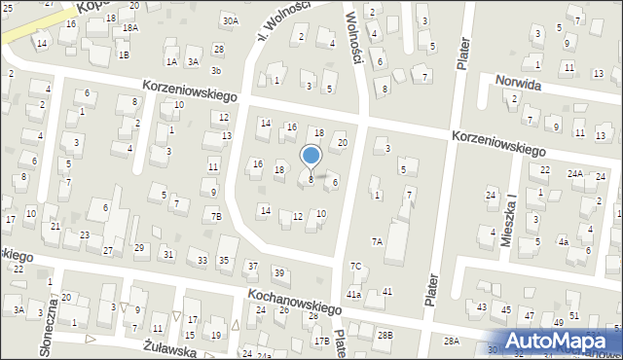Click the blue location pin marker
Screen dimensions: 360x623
tap(311, 157)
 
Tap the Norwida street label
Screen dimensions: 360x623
tap(518, 85)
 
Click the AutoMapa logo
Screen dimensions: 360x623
tap(564, 341)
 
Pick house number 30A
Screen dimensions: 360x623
tap(230, 20)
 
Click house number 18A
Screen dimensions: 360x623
tap(129, 28)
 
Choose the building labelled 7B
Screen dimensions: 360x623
tap(217, 216)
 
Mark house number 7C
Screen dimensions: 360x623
tap(356, 267)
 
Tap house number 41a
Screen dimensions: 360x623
tap(354, 294)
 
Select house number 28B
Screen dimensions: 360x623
tap(385, 335)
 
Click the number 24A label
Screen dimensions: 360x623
tap(575, 174)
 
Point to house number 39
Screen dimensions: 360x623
tap(278, 273)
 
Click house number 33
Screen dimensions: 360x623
tap(202, 261)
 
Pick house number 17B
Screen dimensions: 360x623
tap(321, 341)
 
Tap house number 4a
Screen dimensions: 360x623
tap(563, 241)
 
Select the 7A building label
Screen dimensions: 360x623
tap(377, 241)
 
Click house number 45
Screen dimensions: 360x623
tap(505, 309)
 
